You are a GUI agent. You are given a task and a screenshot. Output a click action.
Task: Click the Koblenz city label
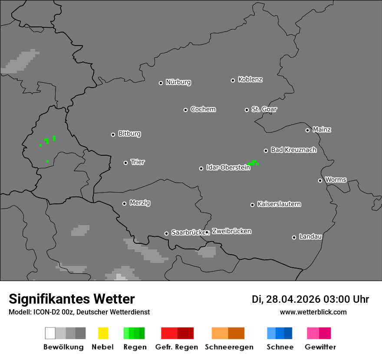(250, 79)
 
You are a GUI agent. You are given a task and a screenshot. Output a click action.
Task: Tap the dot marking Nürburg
(161, 83)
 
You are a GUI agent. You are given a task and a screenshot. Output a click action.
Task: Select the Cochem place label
(203, 109)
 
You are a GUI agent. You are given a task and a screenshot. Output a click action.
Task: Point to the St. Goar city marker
(247, 110)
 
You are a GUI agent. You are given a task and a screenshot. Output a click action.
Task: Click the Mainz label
(322, 129)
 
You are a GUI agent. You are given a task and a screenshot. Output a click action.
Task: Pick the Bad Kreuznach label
(293, 150)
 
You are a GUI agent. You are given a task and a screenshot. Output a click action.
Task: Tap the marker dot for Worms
(320, 180)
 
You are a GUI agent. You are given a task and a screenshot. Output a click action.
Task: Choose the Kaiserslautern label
(279, 204)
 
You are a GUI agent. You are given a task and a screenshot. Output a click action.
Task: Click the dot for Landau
(294, 237)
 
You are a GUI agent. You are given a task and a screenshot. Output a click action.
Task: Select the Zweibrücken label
(231, 231)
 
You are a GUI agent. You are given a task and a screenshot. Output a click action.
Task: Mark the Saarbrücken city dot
(166, 233)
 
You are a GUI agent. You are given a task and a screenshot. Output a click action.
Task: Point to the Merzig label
(140, 203)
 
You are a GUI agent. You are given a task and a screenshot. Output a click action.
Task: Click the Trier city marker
(125, 163)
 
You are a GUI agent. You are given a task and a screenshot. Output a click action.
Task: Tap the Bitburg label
(129, 134)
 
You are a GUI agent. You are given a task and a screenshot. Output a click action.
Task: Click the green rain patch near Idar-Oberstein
(253, 163)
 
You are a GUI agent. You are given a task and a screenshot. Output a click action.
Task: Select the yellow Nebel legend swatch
(103, 333)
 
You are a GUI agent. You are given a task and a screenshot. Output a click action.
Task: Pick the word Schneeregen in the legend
(229, 347)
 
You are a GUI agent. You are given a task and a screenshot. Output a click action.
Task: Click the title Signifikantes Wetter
(72, 299)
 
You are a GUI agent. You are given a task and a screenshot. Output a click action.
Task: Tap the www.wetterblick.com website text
(313, 312)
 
